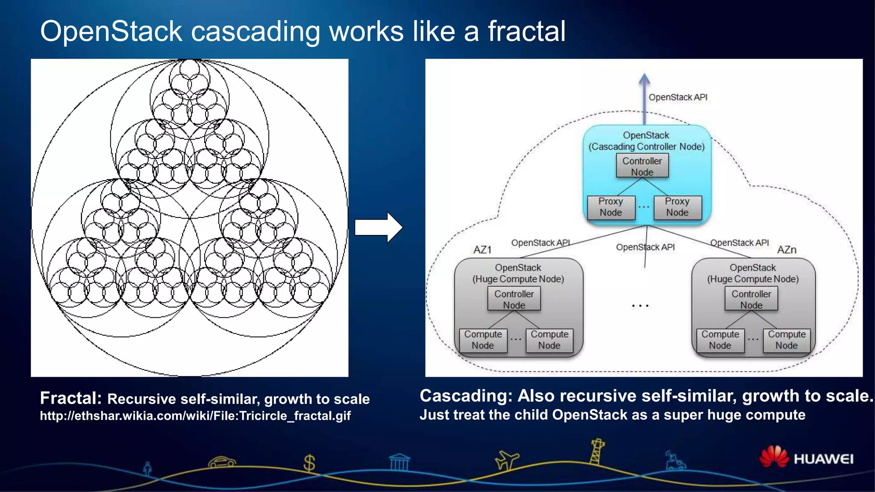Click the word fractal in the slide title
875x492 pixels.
(x=526, y=31)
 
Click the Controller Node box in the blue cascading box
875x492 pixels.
(x=642, y=166)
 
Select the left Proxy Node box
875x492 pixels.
(x=611, y=207)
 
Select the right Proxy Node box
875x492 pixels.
(x=678, y=207)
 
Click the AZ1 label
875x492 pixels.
(x=482, y=250)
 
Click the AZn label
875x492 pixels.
(x=787, y=250)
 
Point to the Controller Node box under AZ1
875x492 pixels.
(x=514, y=299)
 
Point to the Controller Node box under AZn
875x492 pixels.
(x=751, y=299)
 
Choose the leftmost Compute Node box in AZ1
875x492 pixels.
(x=483, y=340)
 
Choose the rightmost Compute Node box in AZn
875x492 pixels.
(x=787, y=340)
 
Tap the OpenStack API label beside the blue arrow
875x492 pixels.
(x=678, y=97)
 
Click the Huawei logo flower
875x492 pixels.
(x=774, y=457)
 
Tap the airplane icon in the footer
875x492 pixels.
(x=506, y=460)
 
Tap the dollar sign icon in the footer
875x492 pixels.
(x=309, y=463)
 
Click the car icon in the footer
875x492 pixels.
(x=222, y=462)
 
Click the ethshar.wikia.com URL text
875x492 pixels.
(x=195, y=416)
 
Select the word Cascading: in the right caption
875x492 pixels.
(x=466, y=396)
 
